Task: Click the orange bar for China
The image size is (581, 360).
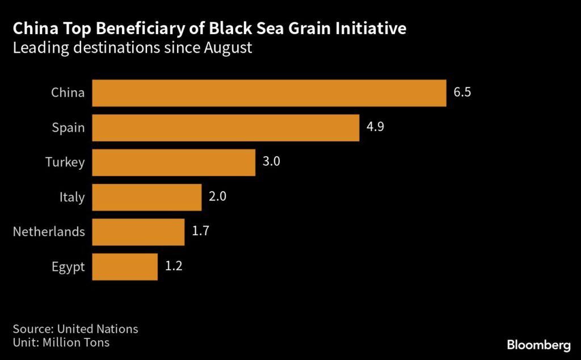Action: [269, 93]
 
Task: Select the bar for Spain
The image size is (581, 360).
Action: [225, 128]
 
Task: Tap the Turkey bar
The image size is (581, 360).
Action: [173, 162]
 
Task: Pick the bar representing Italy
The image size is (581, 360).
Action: [146, 197]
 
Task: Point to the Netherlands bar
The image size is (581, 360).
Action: [138, 232]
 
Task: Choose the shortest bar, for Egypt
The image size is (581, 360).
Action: [124, 266]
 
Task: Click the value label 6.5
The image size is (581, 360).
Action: [462, 93]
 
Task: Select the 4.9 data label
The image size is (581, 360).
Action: [376, 127]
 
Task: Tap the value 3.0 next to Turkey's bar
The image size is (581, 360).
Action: [271, 162]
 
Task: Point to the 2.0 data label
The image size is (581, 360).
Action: [218, 196]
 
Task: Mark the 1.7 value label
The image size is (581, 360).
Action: [201, 231]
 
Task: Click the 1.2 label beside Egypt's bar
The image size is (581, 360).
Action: [174, 266]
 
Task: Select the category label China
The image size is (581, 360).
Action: [68, 93]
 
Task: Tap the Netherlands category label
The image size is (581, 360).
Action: [49, 232]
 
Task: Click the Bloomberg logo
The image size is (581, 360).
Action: [538, 345]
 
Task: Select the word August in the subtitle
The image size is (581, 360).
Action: [226, 48]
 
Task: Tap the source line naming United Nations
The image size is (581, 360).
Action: [75, 329]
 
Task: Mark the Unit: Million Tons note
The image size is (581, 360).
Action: [61, 342]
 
